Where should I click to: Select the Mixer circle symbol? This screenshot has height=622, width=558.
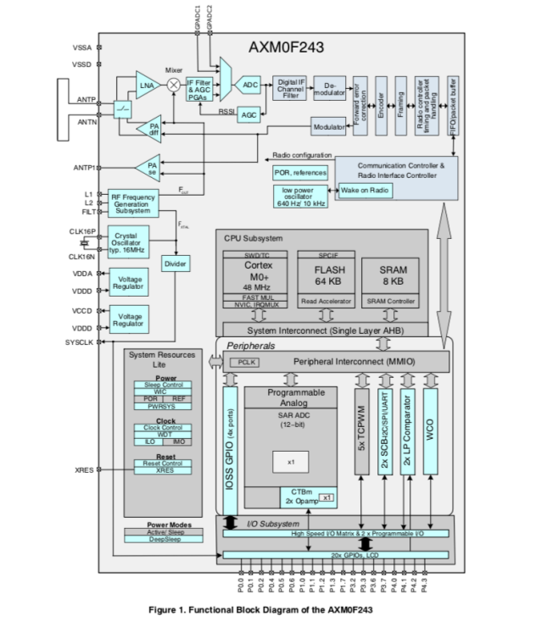(174, 84)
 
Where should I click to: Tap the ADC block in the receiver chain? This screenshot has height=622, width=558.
(249, 85)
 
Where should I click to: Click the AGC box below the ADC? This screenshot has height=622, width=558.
(248, 114)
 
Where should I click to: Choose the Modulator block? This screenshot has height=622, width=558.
(328, 127)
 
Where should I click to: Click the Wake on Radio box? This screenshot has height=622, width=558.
(365, 191)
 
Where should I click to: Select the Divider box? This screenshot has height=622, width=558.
(176, 264)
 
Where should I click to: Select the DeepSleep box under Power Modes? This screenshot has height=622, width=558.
(164, 538)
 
